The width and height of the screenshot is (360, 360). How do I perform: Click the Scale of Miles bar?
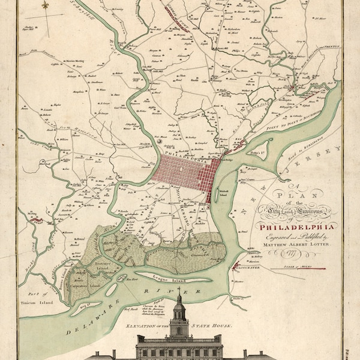[308, 268]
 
